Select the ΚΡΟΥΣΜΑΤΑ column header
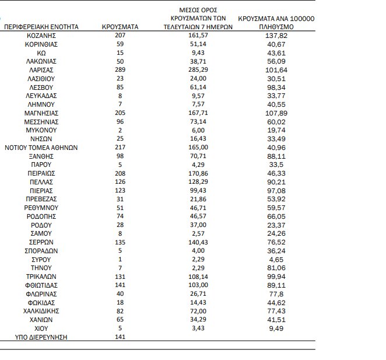pos(120,27)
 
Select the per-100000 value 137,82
pos(277,36)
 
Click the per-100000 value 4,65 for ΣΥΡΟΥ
pos(277,259)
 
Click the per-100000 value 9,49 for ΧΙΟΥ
pos(277,328)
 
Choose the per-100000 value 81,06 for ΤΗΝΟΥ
pos(277,268)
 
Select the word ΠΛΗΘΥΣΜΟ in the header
pos(277,27)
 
